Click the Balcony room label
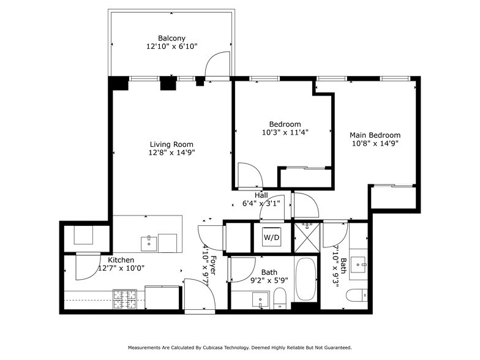(x=171, y=37)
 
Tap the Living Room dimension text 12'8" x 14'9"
(x=172, y=153)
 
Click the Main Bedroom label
(x=375, y=135)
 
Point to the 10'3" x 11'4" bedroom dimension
(x=285, y=132)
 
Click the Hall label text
(x=261, y=195)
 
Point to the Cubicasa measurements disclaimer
(x=239, y=347)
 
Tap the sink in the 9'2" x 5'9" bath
(x=260, y=301)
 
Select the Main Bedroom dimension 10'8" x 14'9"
(x=375, y=144)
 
